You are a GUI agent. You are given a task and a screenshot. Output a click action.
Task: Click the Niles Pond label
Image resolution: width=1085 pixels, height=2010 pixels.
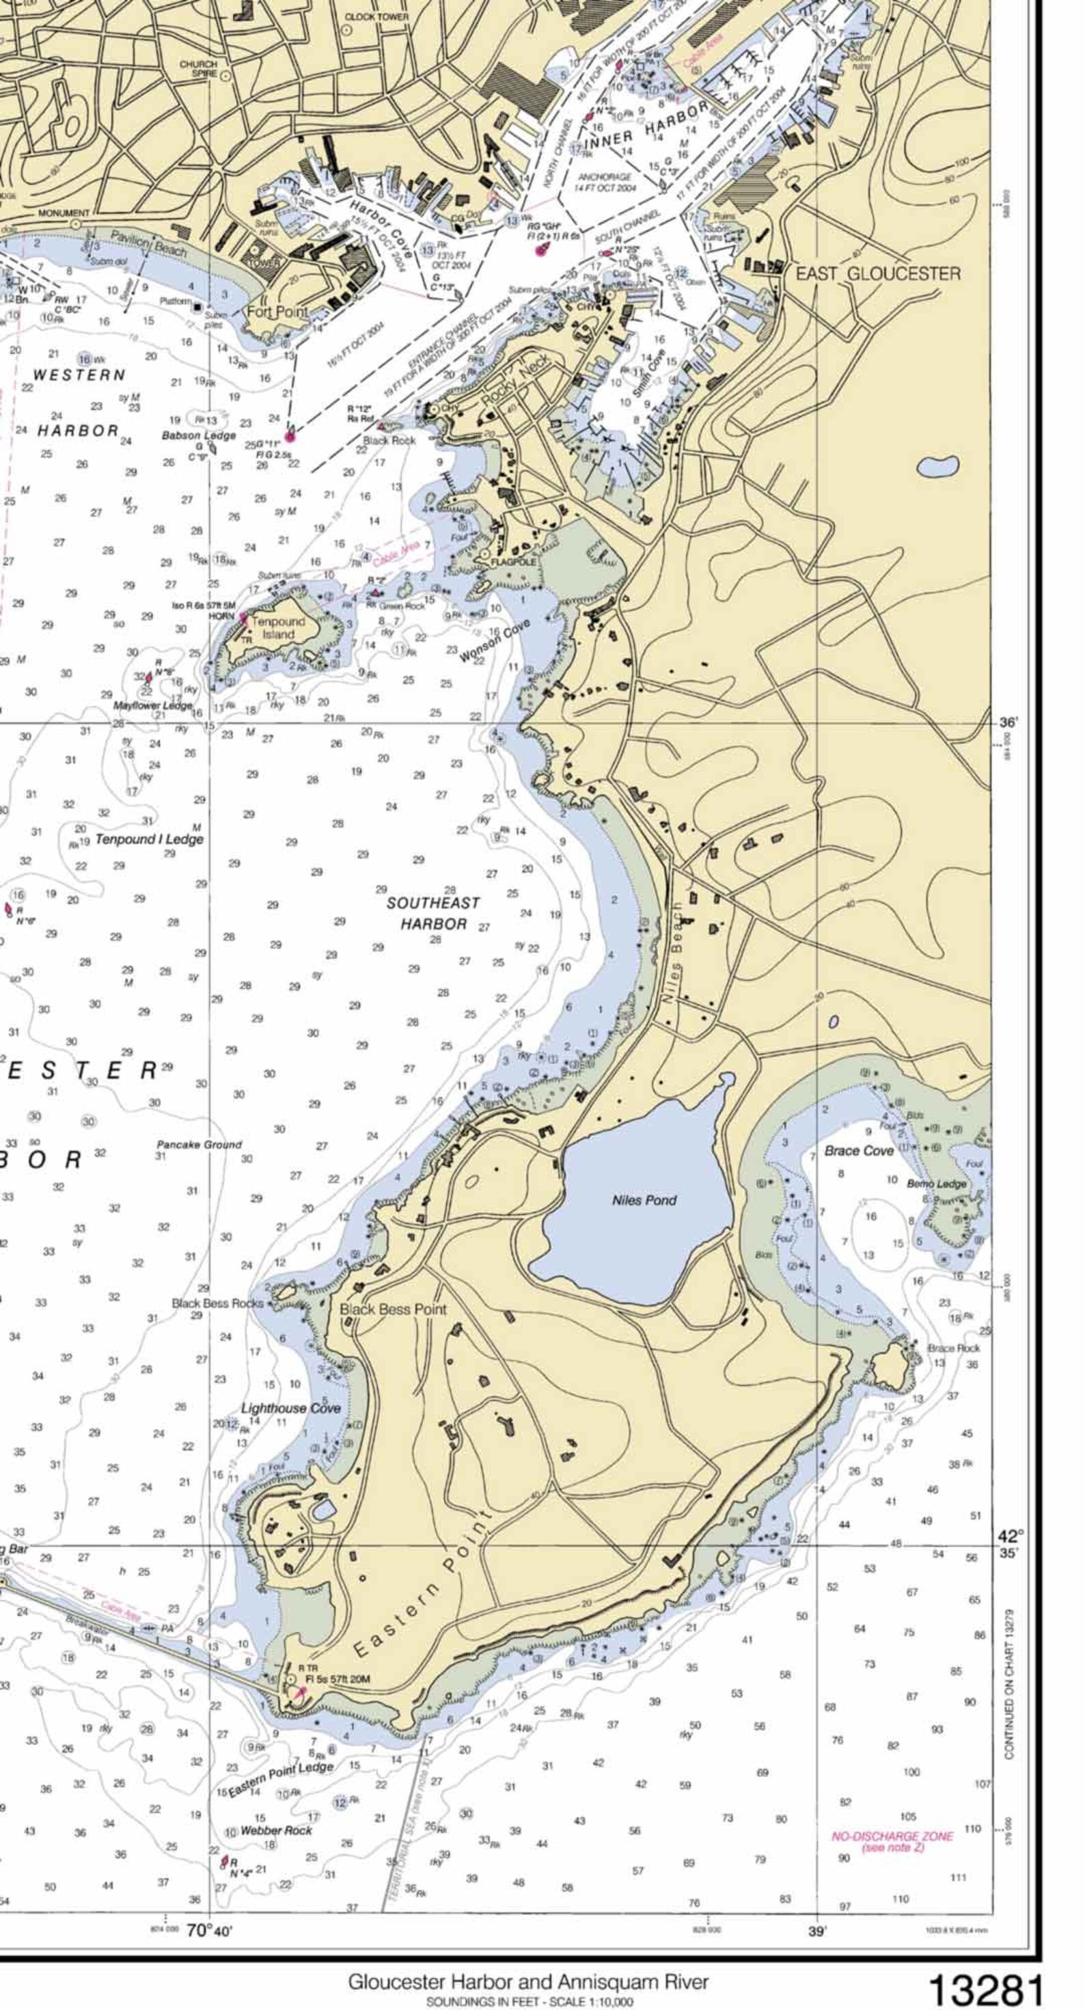coord(644,1200)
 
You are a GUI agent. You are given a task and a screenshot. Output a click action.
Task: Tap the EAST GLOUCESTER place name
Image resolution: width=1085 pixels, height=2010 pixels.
coord(877,274)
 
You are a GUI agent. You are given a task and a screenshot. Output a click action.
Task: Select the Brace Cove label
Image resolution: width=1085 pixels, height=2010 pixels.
coord(859,1151)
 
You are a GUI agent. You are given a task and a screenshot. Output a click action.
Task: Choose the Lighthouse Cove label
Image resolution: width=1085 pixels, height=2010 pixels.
coord(290,1409)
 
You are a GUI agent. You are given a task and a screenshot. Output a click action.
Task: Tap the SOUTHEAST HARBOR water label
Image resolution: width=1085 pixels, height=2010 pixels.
coord(434,914)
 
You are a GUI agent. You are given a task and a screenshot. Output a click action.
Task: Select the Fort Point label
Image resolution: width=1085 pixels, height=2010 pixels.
coord(277,312)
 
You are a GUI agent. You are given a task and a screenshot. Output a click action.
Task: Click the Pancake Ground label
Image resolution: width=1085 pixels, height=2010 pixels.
coord(199,1145)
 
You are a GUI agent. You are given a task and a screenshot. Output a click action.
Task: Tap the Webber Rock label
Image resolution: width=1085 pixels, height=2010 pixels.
coord(276,1830)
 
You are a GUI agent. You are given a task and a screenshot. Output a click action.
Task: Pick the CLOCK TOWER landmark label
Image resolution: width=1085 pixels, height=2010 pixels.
coord(376,16)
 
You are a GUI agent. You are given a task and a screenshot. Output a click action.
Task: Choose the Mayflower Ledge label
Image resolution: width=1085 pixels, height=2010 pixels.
coord(153,705)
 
